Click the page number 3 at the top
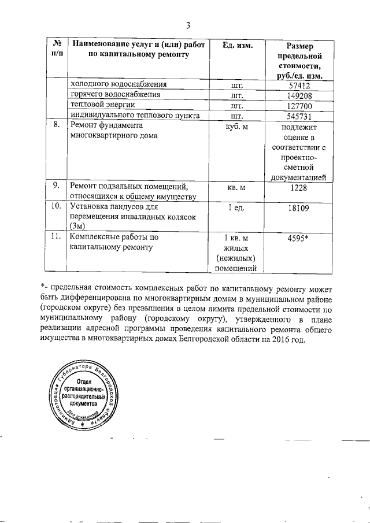click(x=188, y=25)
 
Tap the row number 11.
click(x=57, y=236)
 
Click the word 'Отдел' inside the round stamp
click(x=85, y=380)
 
